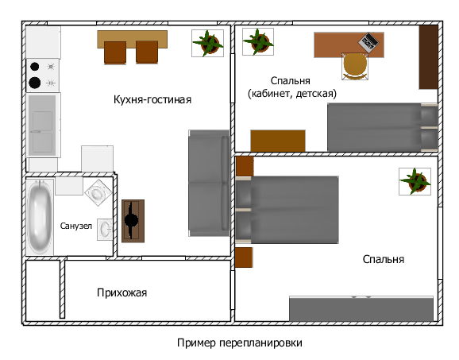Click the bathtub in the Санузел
[x=40, y=217]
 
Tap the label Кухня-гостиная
[x=152, y=100]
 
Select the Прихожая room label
[x=121, y=292]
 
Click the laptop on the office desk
[x=368, y=43]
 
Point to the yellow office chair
[x=355, y=67]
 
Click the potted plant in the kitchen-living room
[x=207, y=44]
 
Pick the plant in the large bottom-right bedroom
[x=415, y=181]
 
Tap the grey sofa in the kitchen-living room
[x=209, y=183]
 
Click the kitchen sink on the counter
[x=43, y=126]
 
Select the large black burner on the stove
[x=35, y=83]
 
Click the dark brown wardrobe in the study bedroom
[x=428, y=57]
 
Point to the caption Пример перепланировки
[x=240, y=343]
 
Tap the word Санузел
[x=76, y=226]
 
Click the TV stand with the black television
[x=133, y=221]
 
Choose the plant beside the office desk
[x=258, y=41]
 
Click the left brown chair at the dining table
[x=115, y=52]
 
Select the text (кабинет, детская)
[x=292, y=94]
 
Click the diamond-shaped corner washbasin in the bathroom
[x=98, y=192]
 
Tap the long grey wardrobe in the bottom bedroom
[x=361, y=308]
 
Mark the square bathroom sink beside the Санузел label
[x=105, y=230]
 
